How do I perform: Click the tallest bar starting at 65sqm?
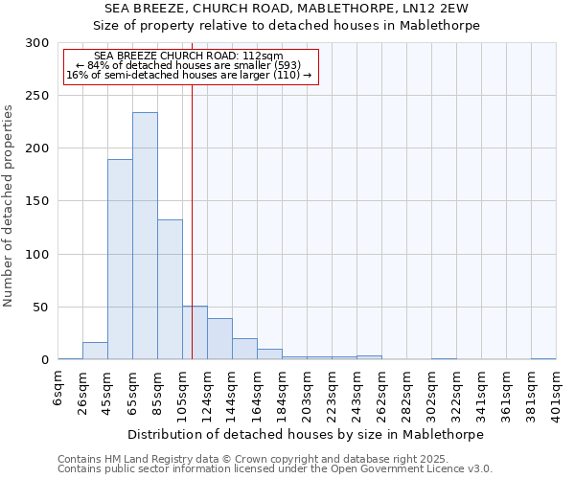point(145,236)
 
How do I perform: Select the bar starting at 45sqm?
point(120,259)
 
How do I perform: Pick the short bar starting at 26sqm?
point(95,352)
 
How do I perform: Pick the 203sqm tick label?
point(307,392)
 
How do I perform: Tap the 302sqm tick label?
point(431,392)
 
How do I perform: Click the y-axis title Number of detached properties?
point(9,206)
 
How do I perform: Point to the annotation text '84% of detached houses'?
point(188,65)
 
